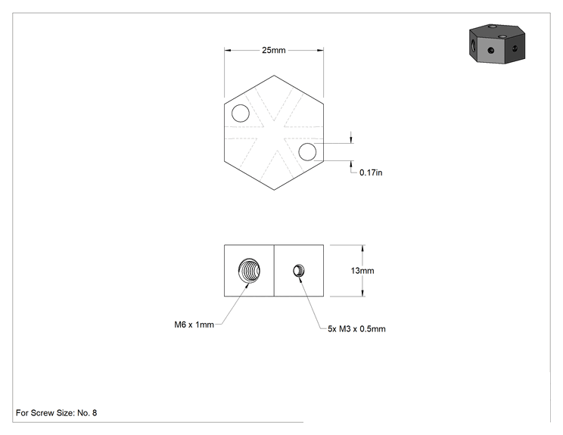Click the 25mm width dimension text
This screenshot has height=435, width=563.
(x=274, y=50)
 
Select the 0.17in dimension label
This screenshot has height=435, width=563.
(x=371, y=172)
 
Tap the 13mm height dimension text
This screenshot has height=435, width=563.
(x=362, y=271)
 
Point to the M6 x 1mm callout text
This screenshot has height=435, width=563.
(x=194, y=325)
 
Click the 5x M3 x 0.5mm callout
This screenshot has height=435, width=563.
(x=356, y=329)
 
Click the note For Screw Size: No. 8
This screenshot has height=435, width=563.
(x=56, y=413)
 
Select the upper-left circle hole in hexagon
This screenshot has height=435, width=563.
(x=241, y=113)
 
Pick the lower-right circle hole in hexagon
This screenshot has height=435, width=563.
(x=307, y=152)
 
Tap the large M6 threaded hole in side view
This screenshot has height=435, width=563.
(x=249, y=270)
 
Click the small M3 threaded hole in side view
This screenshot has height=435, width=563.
(x=299, y=271)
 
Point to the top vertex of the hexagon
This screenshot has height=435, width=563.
(x=274, y=76)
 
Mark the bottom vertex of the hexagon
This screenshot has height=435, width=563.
(x=274, y=190)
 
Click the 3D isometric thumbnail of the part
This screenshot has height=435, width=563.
(x=497, y=44)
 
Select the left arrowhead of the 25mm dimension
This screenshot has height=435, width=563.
(x=228, y=50)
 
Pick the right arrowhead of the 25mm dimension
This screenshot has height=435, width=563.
(x=320, y=50)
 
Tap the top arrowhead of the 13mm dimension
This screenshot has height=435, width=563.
(x=362, y=248)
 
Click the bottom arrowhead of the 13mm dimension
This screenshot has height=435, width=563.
(x=362, y=293)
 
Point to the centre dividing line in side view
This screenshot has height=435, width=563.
(x=274, y=271)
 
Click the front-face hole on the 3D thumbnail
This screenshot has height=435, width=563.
(x=491, y=51)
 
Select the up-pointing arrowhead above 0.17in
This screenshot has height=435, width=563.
(x=351, y=164)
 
